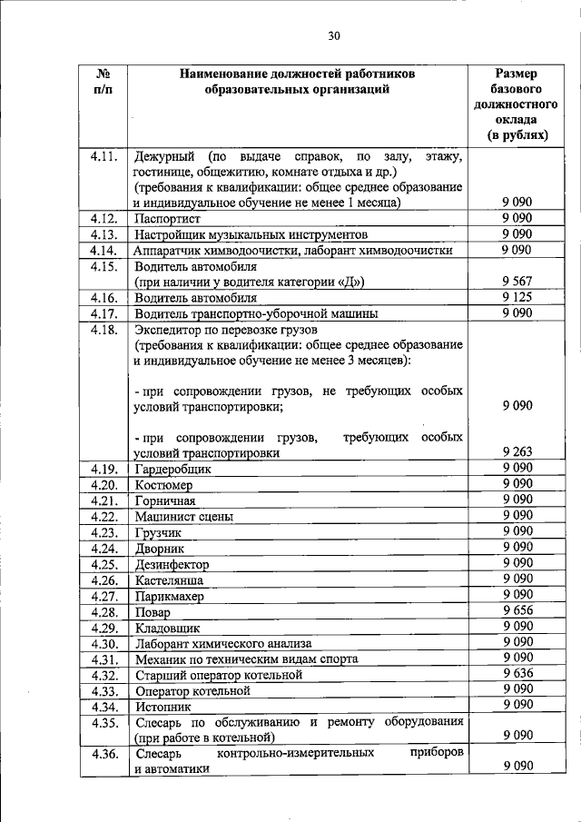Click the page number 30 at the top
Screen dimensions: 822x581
333,35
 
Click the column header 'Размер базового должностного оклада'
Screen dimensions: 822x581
516,104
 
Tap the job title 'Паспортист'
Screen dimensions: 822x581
167,219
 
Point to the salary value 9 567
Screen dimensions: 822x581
516,282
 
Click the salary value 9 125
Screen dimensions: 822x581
516,297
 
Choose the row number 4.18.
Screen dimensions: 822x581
104,329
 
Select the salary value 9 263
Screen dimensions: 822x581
516,452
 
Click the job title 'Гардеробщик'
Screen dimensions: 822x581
172,469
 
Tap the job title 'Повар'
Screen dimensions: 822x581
153,612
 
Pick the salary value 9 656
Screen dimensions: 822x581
516,611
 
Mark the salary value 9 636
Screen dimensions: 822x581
516,673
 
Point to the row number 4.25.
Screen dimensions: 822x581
104,564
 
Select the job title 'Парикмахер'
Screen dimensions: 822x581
169,597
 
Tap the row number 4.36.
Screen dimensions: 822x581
104,754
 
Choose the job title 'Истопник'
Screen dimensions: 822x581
162,706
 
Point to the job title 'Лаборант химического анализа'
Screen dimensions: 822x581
223,643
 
